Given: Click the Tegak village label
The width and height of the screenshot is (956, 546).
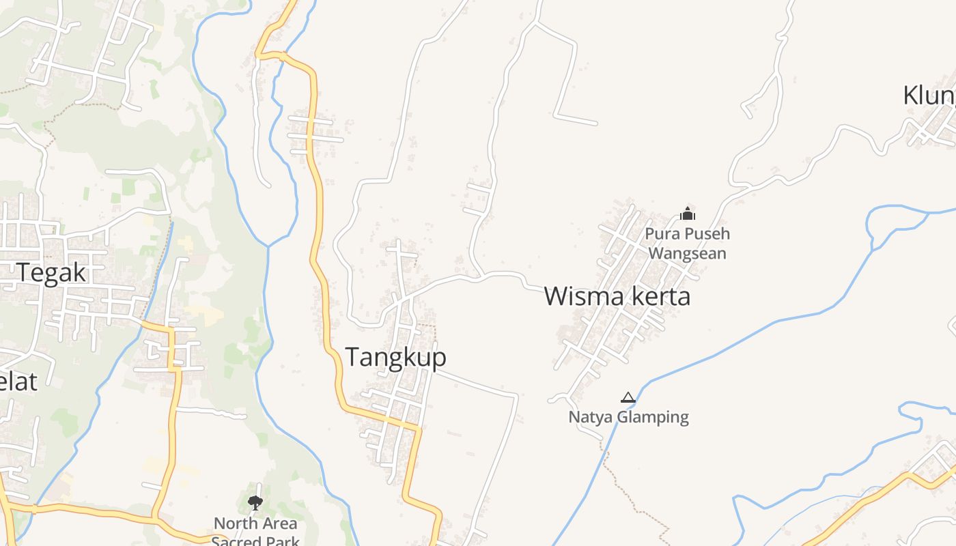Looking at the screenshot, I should click(52, 273).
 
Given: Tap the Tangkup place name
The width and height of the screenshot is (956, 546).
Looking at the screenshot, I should click(395, 357).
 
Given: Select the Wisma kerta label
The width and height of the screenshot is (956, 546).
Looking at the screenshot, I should click(617, 297).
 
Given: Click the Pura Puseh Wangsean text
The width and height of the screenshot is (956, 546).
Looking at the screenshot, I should click(687, 244).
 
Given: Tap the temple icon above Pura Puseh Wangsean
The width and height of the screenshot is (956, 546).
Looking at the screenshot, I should click(687, 214).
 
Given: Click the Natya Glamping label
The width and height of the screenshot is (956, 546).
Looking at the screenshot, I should click(628, 417).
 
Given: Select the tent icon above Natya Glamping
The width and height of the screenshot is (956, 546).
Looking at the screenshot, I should click(628, 397).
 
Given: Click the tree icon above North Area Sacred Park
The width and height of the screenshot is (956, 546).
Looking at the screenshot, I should click(255, 504).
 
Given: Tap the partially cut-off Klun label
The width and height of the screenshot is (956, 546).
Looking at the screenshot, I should click(929, 96).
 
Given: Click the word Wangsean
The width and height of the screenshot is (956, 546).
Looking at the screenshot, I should click(687, 254).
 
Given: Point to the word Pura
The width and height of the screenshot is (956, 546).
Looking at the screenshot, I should click(660, 234).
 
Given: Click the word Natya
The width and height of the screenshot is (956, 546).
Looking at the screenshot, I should click(591, 417).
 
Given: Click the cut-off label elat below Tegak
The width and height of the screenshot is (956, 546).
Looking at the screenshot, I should click(18, 382).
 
